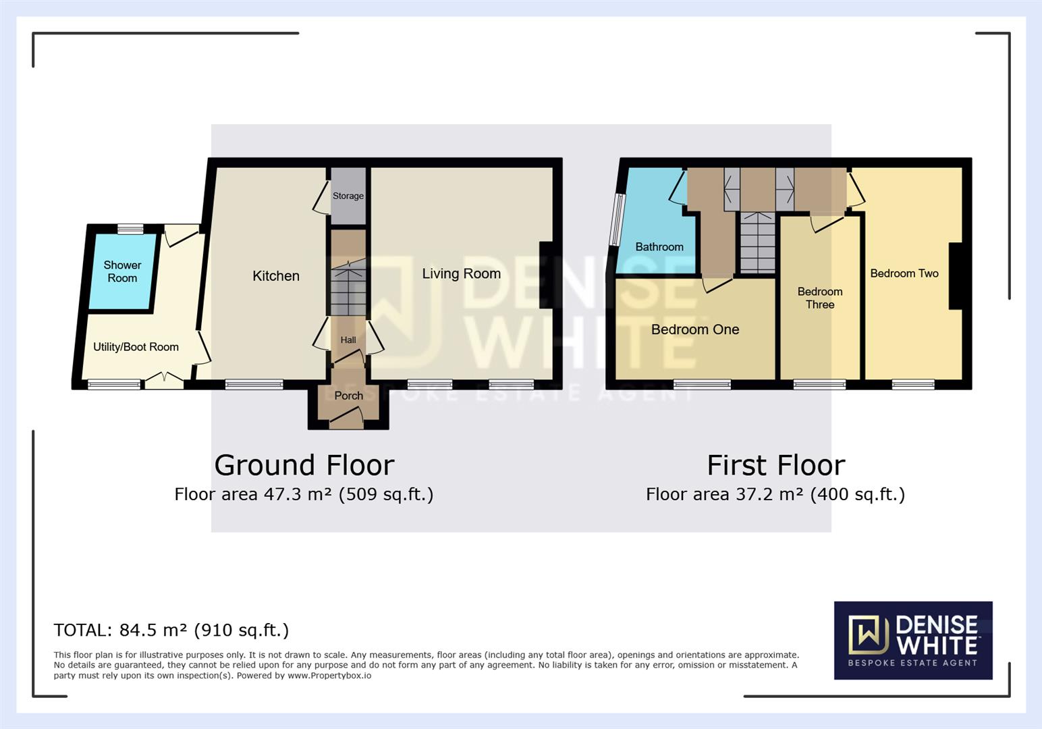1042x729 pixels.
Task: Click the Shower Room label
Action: (x=122, y=271)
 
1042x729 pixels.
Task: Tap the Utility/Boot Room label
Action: (x=136, y=347)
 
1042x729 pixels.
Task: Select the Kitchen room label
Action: (x=275, y=275)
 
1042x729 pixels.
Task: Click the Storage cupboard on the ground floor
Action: (x=348, y=196)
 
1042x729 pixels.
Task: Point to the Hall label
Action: (x=348, y=340)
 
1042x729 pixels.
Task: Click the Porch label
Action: (x=348, y=396)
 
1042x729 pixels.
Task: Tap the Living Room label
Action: (x=461, y=273)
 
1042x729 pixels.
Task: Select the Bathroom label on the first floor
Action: (x=659, y=247)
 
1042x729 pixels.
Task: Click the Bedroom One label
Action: (x=694, y=329)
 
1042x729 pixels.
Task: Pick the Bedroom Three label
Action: (x=819, y=298)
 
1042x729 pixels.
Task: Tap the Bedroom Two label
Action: (x=904, y=273)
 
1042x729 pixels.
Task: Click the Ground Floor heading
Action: (x=304, y=465)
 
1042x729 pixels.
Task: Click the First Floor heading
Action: (x=775, y=465)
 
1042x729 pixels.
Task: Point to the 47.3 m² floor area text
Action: (x=304, y=494)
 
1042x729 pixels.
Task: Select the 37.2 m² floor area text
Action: (x=775, y=494)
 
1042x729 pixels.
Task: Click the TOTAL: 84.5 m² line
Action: (x=171, y=630)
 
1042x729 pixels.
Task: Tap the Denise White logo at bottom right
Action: (x=912, y=640)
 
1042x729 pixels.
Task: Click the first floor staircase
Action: (x=758, y=242)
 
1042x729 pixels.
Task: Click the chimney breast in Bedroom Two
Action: (x=955, y=275)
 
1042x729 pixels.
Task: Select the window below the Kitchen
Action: (x=254, y=385)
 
